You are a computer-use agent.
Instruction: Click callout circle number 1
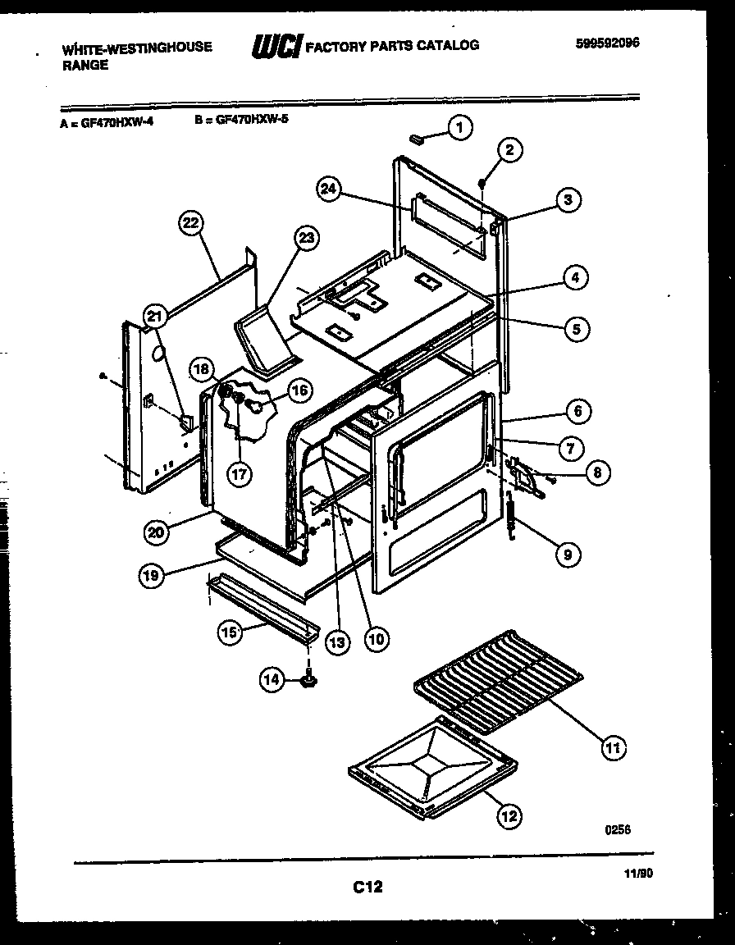[x=460, y=127]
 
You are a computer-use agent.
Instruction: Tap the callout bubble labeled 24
[x=328, y=189]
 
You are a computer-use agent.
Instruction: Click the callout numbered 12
[x=509, y=815]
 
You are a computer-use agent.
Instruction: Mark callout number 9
[x=567, y=555]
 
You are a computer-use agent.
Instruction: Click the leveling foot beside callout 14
[x=310, y=678]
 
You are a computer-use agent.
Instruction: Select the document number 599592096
[x=607, y=44]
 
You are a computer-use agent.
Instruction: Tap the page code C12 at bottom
[x=368, y=886]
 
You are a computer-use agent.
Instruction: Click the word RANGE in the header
[x=85, y=66]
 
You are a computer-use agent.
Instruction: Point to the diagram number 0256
[x=618, y=830]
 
